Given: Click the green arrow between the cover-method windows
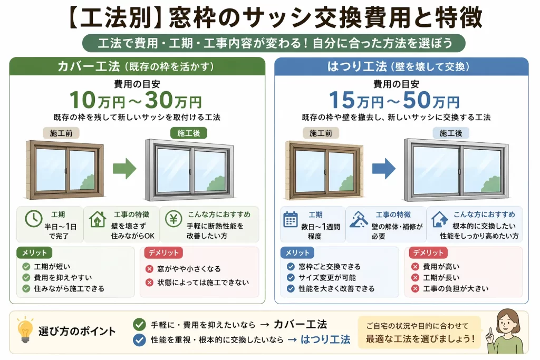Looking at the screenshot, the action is (x=124, y=169).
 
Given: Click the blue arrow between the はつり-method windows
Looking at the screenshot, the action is (x=384, y=169).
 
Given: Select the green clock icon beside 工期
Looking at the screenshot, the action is (x=33, y=219).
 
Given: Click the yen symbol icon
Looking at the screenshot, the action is (x=173, y=219).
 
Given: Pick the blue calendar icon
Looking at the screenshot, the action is (x=290, y=219).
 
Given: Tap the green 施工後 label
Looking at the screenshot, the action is (x=189, y=133).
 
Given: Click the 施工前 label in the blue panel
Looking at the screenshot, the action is (x=321, y=133).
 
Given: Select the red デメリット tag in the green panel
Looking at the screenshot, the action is (x=163, y=252).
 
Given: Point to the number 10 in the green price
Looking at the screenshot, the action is (x=83, y=100).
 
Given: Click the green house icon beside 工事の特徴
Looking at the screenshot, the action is (x=98, y=219).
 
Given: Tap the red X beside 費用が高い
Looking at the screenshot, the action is (x=416, y=266).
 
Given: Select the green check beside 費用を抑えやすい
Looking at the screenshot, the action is (x=26, y=277).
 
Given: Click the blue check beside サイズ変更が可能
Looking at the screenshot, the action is (x=291, y=277).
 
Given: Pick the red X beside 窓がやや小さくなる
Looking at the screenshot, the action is (x=149, y=269).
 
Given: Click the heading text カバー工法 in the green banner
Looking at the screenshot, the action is (x=89, y=66).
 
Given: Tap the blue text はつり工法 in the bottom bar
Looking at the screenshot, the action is (x=325, y=339).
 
